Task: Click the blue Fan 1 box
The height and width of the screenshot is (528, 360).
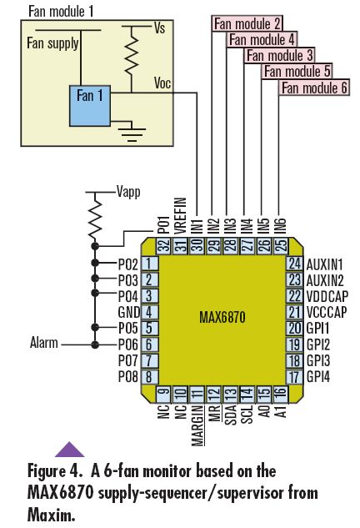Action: point(90,106)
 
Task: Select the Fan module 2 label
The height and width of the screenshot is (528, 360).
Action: point(247,24)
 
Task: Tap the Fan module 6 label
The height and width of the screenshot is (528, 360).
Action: point(314,88)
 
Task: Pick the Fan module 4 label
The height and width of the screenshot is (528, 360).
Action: point(262,39)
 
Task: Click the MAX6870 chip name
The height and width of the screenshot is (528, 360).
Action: point(222,318)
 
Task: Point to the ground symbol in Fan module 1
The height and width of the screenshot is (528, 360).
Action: point(132,134)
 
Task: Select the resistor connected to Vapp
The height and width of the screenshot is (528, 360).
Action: point(95,219)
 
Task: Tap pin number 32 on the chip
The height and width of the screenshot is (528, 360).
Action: point(164,244)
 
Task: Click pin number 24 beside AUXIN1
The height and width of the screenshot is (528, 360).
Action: point(295,263)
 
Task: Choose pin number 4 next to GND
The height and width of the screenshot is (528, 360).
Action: point(149,312)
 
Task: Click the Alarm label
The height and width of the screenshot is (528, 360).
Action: point(43,343)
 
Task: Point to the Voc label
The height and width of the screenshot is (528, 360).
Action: point(162,83)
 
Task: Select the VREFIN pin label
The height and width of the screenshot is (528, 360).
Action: point(180,215)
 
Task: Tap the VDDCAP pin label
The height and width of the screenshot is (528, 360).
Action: point(327,296)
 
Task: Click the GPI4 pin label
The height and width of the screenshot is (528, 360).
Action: point(318,377)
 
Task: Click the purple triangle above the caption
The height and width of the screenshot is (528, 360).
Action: point(70,449)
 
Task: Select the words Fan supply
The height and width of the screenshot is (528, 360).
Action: point(52,43)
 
